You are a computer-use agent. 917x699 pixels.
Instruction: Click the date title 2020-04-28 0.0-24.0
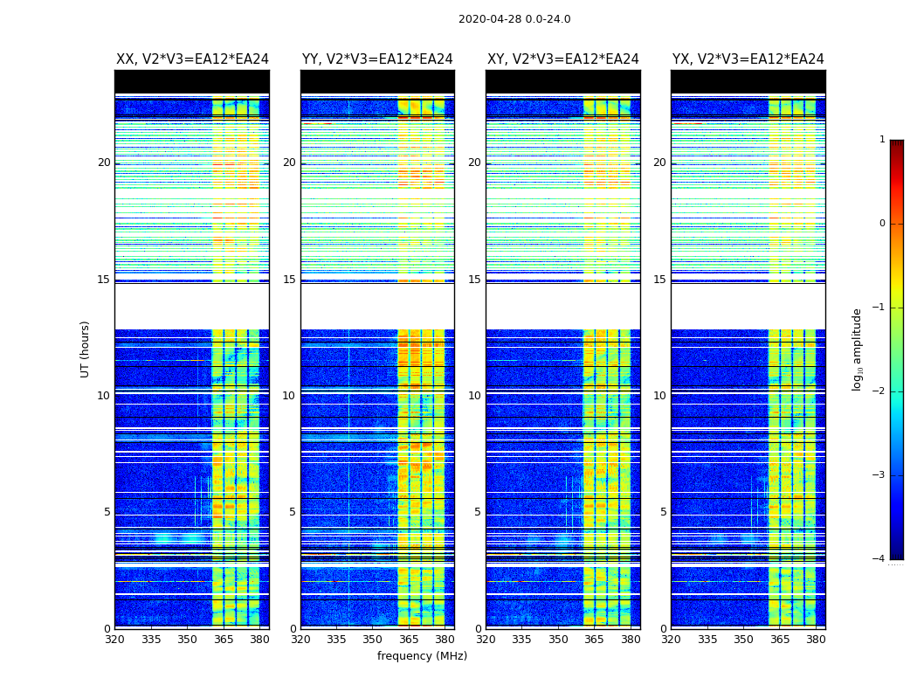[514, 19]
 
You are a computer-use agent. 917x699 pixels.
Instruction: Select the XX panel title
[192, 59]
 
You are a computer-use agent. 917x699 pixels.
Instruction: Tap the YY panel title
[377, 59]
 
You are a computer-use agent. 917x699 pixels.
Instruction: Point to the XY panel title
[562, 59]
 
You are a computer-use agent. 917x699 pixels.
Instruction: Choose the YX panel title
[748, 59]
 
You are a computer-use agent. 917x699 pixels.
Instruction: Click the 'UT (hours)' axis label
[86, 349]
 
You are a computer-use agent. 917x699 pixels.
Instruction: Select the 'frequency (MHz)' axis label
[422, 656]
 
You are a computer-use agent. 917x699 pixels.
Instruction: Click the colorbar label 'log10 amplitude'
[858, 349]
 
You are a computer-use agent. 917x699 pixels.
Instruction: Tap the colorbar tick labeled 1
[882, 140]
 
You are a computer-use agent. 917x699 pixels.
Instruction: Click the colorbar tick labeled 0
[882, 224]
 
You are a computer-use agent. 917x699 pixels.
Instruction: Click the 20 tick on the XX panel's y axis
[104, 163]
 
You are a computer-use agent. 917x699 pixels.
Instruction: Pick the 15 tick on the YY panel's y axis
[289, 280]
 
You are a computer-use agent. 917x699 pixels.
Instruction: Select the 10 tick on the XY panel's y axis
[474, 396]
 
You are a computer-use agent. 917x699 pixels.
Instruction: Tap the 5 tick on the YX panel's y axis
[663, 512]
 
